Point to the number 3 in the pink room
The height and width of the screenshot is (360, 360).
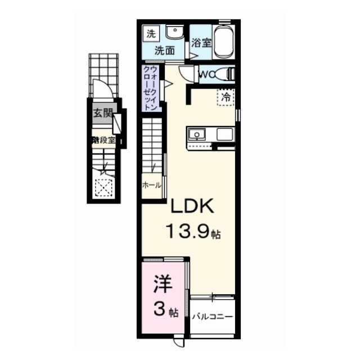pyautogui.click(x=159, y=309)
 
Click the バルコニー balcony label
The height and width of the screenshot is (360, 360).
pyautogui.click(x=212, y=317)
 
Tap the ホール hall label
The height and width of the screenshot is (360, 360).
pyautogui.click(x=152, y=184)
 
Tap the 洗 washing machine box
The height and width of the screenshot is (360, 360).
pyautogui.click(x=150, y=33)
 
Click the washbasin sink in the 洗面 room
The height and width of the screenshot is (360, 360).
pyautogui.click(x=175, y=32)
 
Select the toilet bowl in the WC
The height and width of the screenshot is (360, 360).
pyautogui.click(x=228, y=73)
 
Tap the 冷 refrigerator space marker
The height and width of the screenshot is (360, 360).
pyautogui.click(x=226, y=97)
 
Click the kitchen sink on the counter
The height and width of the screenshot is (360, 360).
pyautogui.click(x=196, y=134)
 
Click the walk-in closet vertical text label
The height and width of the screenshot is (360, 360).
pyautogui.click(x=150, y=88)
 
